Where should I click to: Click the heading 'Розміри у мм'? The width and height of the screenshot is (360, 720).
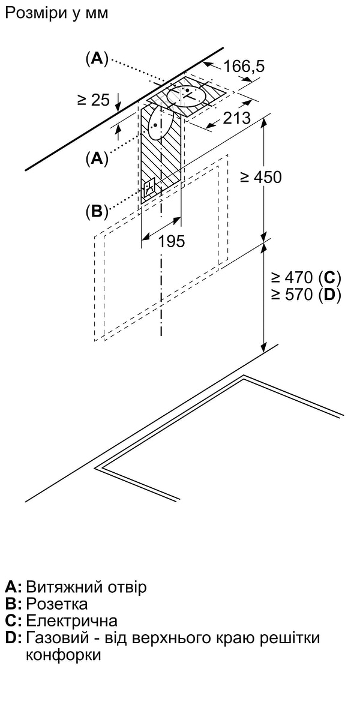(x=56, y=13)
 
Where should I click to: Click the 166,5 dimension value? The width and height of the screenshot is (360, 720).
(x=244, y=66)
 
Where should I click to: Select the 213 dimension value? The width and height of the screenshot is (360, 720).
(x=236, y=118)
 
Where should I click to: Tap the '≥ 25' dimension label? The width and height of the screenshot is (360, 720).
(x=94, y=100)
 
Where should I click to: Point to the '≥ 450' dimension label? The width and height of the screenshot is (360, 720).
(x=260, y=177)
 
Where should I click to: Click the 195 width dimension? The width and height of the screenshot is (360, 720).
(x=171, y=241)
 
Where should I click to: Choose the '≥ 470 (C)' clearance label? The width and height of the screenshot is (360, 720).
(x=305, y=277)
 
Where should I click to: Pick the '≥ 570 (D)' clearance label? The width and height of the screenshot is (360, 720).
(x=305, y=295)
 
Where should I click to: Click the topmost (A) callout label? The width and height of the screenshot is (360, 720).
(x=97, y=58)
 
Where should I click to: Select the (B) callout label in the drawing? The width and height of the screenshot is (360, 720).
(x=97, y=211)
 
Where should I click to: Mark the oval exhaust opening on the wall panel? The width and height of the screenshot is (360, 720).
(x=155, y=123)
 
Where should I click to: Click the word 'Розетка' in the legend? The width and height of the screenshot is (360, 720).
(x=57, y=604)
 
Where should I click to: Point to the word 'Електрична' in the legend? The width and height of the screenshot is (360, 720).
(x=71, y=620)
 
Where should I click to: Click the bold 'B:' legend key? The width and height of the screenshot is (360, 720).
(x=13, y=604)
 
